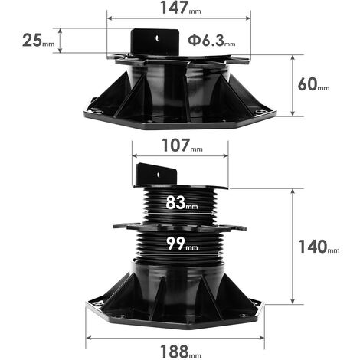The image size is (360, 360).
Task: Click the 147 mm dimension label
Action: pos(181,8)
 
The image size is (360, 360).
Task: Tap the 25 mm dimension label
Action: pos(38,41)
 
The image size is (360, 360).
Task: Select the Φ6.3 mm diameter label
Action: pos(211,41)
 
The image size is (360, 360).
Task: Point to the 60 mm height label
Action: pos(313,84)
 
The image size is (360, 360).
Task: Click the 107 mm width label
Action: pos(182,146)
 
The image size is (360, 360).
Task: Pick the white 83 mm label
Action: pos(182,203)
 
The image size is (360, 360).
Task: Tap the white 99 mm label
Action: pos(182,244)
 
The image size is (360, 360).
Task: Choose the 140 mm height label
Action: pos(319,247)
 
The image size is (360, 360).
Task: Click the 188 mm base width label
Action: pos(181,352)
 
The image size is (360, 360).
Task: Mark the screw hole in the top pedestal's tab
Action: pos(158,38)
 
